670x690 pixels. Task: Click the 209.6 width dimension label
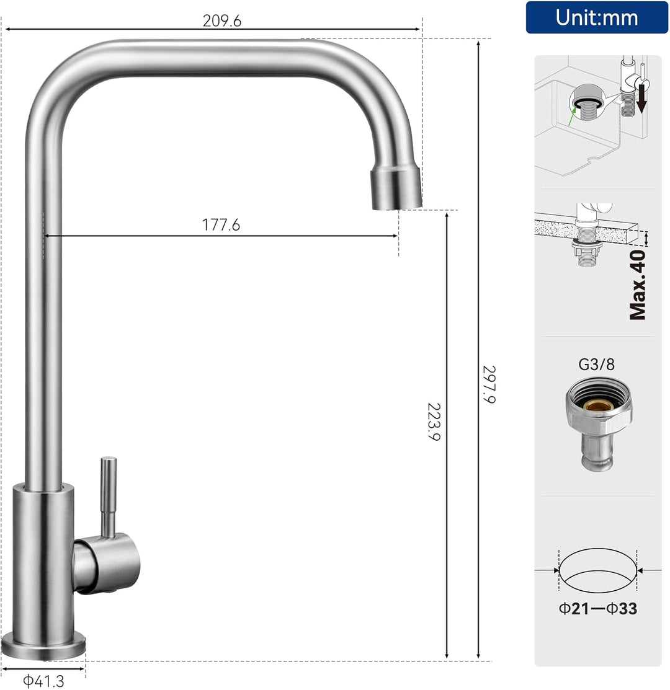(x=221, y=20)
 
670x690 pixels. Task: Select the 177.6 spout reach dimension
(x=221, y=225)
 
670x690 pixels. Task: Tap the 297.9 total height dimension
(x=489, y=384)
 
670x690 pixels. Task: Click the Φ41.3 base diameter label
(x=43, y=681)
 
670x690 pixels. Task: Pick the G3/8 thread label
(x=596, y=364)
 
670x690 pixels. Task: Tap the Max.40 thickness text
(x=638, y=285)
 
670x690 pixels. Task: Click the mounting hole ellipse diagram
(x=598, y=571)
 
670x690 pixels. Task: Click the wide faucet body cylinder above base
(x=43, y=558)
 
